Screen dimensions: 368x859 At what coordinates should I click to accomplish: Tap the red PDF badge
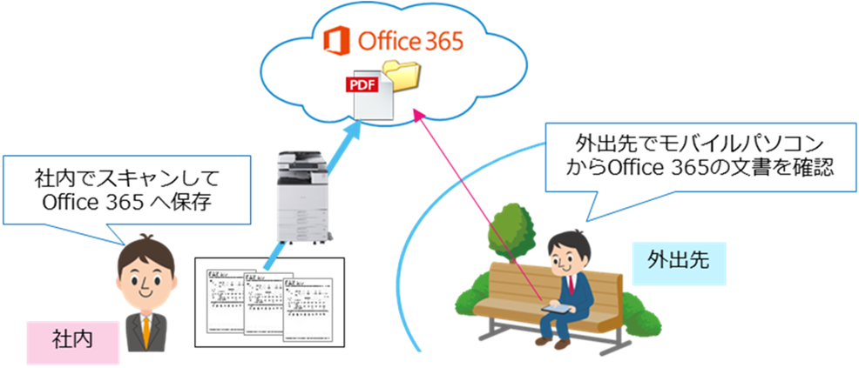[361, 84]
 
